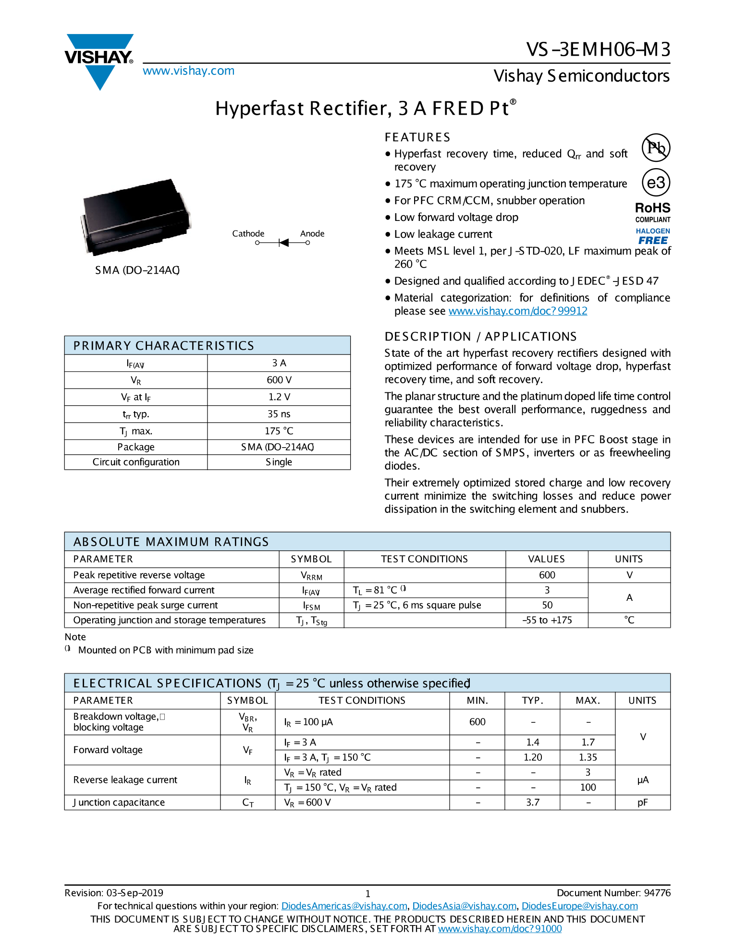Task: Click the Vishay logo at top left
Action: pyautogui.click(x=99, y=61)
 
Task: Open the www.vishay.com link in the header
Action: pyautogui.click(x=188, y=71)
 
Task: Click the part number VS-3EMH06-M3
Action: pyautogui.click(x=598, y=49)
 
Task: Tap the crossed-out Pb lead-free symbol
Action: pyautogui.click(x=656, y=147)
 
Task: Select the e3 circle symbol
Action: pyautogui.click(x=656, y=183)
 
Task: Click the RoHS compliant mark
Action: pyautogui.click(x=652, y=212)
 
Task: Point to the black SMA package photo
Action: pyautogui.click(x=135, y=216)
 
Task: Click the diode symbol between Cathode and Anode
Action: pyautogui.click(x=283, y=243)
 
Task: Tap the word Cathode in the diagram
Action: pyautogui.click(x=248, y=233)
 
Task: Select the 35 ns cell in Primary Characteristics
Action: pyautogui.click(x=279, y=414)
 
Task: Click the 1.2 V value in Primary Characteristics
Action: pyautogui.click(x=279, y=397)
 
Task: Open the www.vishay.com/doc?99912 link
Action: pyautogui.click(x=517, y=311)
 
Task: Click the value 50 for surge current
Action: pyautogui.click(x=547, y=605)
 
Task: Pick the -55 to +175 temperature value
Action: pyautogui.click(x=547, y=620)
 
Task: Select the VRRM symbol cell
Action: pyautogui.click(x=311, y=575)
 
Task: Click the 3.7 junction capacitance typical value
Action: pyautogui.click(x=532, y=803)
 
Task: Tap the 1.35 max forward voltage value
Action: pyautogui.click(x=588, y=757)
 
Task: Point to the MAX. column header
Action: pyautogui.click(x=588, y=701)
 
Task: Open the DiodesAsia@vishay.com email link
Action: pyautogui.click(x=464, y=906)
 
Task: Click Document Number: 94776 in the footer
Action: pyautogui.click(x=613, y=893)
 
